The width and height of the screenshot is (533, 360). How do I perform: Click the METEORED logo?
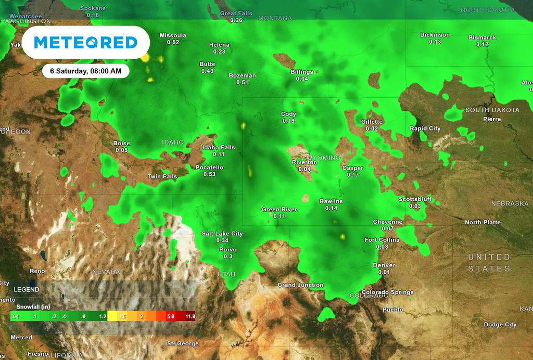pyautogui.click(x=86, y=43)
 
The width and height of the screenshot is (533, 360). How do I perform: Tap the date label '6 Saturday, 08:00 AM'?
pyautogui.click(x=86, y=70)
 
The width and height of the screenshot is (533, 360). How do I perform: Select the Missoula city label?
pyautogui.click(x=173, y=35)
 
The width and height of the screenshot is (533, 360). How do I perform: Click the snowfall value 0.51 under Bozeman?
pyautogui.click(x=242, y=82)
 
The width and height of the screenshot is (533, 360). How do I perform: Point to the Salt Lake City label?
pyautogui.click(x=222, y=234)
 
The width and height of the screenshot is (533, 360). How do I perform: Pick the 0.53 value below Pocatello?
pyautogui.click(x=209, y=174)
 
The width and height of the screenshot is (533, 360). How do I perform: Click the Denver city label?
pyautogui.click(x=384, y=265)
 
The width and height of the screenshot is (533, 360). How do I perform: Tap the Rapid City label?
pyautogui.click(x=425, y=128)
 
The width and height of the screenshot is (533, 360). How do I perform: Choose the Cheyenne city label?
pyautogui.click(x=388, y=222)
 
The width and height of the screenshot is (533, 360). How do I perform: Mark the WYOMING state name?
pyautogui.click(x=323, y=158)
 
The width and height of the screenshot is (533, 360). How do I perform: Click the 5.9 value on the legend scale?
pyautogui.click(x=171, y=316)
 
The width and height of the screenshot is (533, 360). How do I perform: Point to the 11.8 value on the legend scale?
pyautogui.click(x=189, y=316)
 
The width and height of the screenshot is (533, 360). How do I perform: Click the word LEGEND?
pyautogui.click(x=27, y=289)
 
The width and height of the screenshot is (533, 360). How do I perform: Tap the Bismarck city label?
pyautogui.click(x=482, y=37)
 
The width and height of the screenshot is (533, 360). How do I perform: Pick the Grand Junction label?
pyautogui.click(x=300, y=285)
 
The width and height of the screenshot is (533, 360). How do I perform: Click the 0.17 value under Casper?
pyautogui.click(x=353, y=175)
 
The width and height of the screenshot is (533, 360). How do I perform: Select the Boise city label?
pyautogui.click(x=122, y=143)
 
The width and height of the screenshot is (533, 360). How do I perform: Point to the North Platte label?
pyautogui.click(x=483, y=222)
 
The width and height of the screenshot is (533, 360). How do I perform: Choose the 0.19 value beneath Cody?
pyautogui.click(x=288, y=121)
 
